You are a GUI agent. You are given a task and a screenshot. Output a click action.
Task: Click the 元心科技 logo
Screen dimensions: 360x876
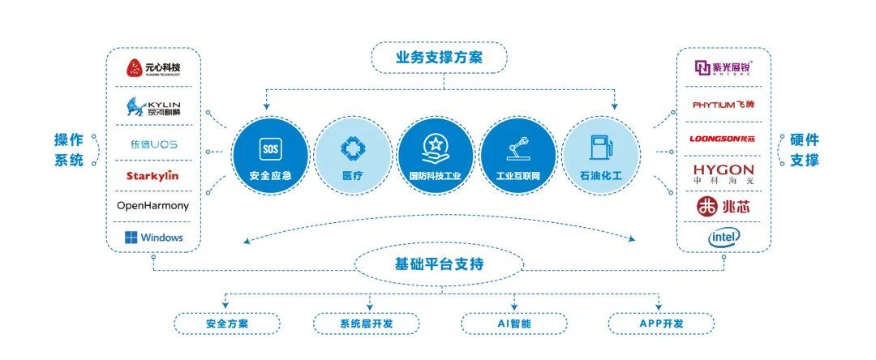click(x=152, y=68)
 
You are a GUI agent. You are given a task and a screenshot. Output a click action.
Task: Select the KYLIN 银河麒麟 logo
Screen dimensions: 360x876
click(x=152, y=106)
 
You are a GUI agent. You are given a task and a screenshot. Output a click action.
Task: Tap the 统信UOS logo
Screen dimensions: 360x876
click(x=153, y=144)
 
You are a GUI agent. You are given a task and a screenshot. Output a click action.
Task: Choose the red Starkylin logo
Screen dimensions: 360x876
click(x=152, y=175)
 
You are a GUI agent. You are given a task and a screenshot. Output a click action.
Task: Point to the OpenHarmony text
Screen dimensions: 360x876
click(x=152, y=205)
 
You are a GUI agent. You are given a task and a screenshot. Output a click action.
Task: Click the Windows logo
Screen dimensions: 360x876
click(x=153, y=238)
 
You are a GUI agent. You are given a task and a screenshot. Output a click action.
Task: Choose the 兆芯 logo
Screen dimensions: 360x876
click(x=724, y=207)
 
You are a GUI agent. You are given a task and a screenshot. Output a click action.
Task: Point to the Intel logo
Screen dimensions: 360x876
click(x=724, y=237)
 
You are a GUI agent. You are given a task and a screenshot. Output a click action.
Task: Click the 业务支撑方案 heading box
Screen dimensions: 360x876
click(x=439, y=58)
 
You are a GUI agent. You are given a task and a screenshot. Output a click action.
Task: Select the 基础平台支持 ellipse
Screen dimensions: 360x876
click(x=439, y=264)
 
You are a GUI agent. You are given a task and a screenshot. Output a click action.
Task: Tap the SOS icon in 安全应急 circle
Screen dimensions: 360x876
click(x=270, y=148)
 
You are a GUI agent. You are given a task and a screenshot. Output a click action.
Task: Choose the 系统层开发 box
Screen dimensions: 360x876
click(x=367, y=324)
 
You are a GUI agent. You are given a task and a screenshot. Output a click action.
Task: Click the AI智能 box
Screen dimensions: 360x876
click(x=514, y=324)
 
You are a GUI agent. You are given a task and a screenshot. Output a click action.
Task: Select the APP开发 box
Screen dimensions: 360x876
click(x=661, y=324)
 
